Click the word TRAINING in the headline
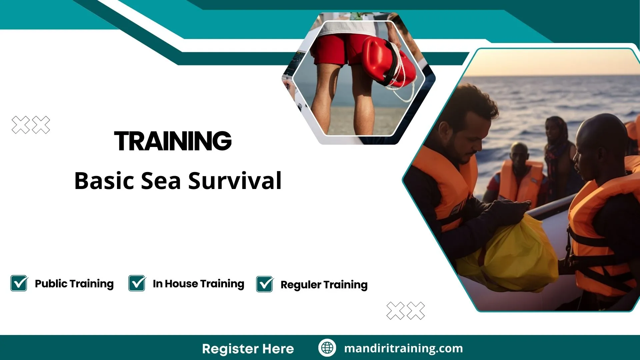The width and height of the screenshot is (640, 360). (x=173, y=141)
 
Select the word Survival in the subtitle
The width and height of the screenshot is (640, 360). (x=235, y=181)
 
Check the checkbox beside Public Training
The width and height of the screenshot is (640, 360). (x=19, y=283)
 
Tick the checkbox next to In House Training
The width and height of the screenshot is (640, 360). (x=137, y=283)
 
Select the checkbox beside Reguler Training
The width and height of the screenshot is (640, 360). (x=265, y=284)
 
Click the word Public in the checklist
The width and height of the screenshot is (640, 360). (x=51, y=284)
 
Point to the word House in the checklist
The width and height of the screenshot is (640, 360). (x=181, y=284)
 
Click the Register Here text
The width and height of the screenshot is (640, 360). (x=248, y=349)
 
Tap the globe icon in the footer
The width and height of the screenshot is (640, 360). (x=327, y=348)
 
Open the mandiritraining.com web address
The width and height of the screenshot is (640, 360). (x=403, y=348)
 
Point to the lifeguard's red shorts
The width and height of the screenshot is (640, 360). (x=337, y=50)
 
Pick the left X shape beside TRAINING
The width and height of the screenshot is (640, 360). (x=21, y=125)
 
